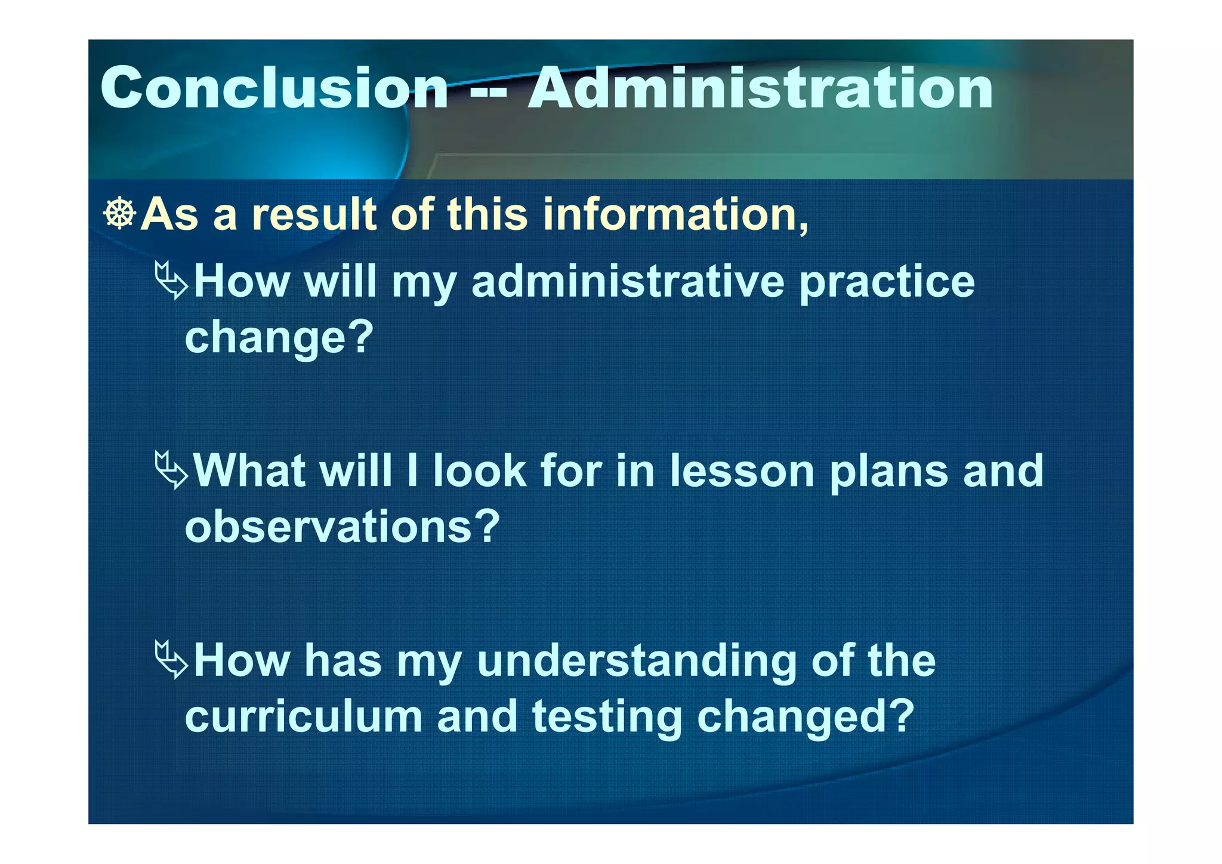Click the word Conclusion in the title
(274, 88)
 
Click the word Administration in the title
(760, 88)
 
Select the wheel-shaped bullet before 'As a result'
(119, 213)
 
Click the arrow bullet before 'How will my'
(171, 281)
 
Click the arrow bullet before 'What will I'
(171, 471)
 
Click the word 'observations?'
(342, 527)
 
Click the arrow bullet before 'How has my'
(171, 660)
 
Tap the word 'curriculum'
(304, 716)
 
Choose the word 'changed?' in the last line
(806, 717)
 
